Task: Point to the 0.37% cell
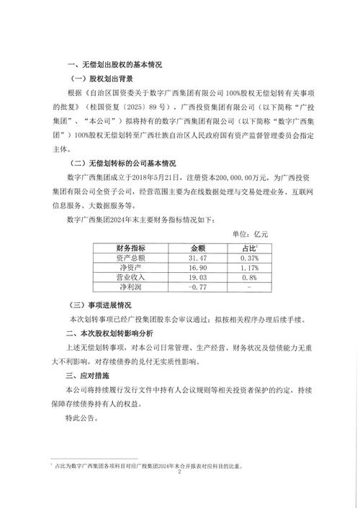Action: point(247,257)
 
